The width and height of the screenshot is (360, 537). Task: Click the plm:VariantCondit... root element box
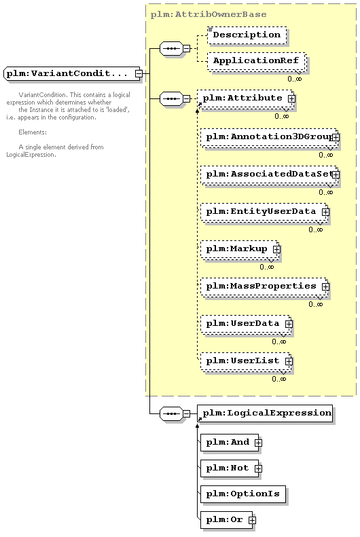[x=72, y=73]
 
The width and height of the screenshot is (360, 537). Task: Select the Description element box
[x=247, y=35]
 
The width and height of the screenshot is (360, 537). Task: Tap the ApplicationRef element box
[x=256, y=61]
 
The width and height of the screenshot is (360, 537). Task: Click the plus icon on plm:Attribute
[x=291, y=98]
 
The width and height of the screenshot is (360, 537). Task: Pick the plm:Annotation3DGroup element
[x=268, y=137]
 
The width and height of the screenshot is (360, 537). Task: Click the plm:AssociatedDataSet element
[x=268, y=174]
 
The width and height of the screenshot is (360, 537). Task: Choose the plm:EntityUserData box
[x=264, y=212]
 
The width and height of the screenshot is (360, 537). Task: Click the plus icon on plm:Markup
[x=276, y=249]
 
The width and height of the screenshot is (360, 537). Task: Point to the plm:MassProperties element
[x=264, y=286]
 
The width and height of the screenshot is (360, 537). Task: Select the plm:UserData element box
[x=246, y=324]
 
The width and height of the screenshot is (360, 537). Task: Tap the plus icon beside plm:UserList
[x=289, y=361]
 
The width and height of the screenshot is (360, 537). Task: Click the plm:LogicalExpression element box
[x=265, y=413]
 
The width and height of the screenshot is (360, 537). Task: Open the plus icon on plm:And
[x=258, y=443]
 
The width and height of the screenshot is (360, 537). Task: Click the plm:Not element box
[x=230, y=468]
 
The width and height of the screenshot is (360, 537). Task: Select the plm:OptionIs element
[x=243, y=494]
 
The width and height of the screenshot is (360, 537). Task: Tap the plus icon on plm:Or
[x=252, y=520]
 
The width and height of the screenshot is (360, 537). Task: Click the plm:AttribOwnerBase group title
[x=209, y=14]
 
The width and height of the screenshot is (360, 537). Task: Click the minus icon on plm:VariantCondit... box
[x=139, y=73]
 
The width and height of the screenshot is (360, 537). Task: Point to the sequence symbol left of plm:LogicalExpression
[x=171, y=413]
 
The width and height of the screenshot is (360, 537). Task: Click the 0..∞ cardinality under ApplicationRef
[x=295, y=79]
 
